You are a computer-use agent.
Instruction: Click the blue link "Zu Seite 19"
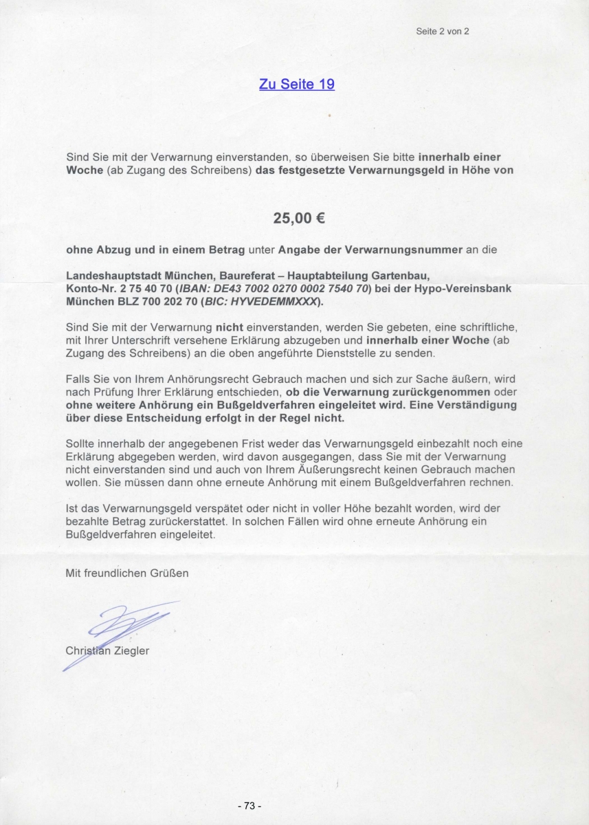[296, 85]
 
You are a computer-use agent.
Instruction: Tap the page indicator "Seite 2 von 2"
[443, 31]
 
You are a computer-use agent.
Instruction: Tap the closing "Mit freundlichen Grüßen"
[127, 572]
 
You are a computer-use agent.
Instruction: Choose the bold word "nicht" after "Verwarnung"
[230, 327]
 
